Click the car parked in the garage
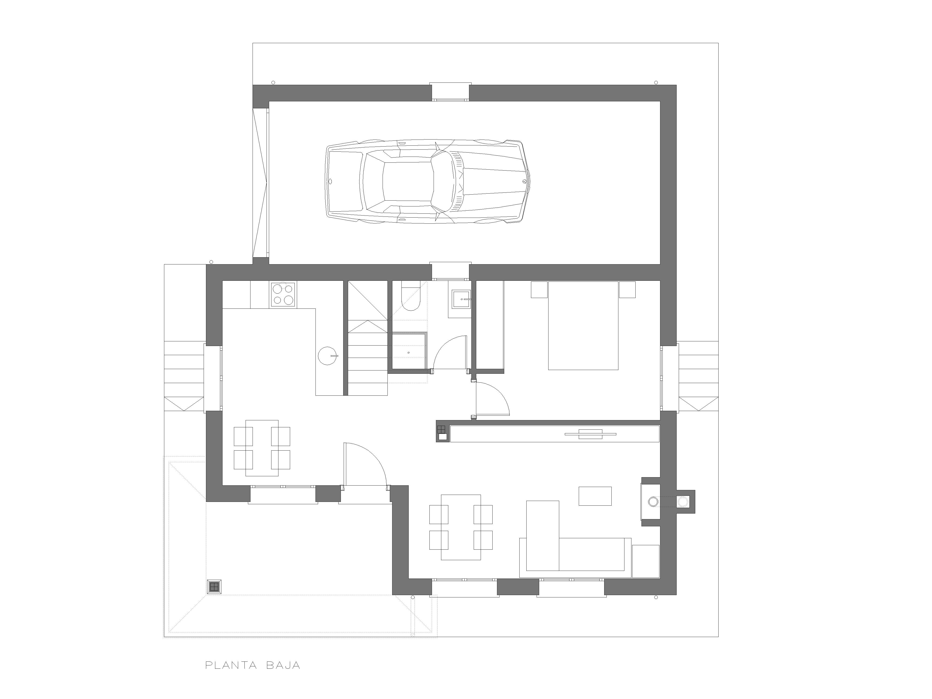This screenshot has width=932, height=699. (x=427, y=181)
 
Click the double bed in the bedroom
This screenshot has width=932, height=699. (x=583, y=325)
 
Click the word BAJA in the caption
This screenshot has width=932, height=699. (x=283, y=665)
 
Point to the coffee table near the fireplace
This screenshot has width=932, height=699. (x=595, y=496)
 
